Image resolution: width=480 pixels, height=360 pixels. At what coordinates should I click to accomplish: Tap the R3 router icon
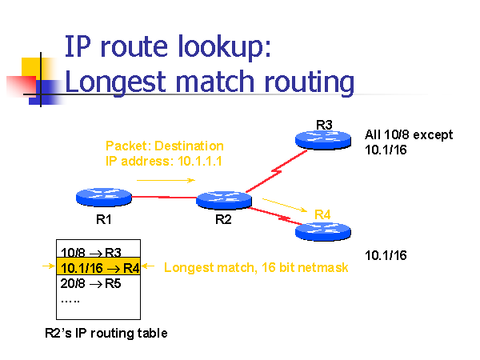tap(324, 139)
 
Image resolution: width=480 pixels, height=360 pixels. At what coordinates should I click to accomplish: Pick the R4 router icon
tap(322, 232)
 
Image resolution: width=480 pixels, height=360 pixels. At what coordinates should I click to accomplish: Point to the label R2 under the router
tap(223, 221)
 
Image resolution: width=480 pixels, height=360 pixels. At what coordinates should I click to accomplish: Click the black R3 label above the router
tap(324, 124)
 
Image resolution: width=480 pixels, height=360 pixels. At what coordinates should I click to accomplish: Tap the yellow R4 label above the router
tap(322, 214)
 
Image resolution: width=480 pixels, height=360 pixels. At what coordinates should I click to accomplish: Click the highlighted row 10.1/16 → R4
tap(98, 268)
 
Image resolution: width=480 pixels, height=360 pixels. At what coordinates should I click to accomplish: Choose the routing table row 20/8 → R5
tap(90, 283)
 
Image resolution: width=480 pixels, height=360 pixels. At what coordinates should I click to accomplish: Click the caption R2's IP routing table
tap(106, 333)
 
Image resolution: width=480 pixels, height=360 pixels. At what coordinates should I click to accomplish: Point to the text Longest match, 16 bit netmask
tap(256, 268)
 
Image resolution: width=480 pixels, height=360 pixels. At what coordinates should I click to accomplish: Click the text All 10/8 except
tap(409, 134)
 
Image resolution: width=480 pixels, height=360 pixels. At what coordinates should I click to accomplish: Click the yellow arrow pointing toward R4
tap(284, 205)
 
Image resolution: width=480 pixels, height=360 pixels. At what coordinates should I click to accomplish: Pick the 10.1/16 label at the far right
tap(386, 256)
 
